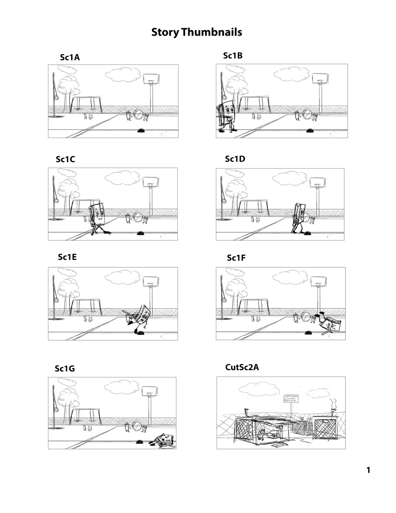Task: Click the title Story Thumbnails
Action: click(x=196, y=32)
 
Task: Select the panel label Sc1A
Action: click(x=70, y=57)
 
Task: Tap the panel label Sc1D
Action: click(x=235, y=159)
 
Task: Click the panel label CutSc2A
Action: click(x=242, y=367)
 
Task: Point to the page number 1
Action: click(x=368, y=470)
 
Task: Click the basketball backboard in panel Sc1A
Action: click(x=151, y=79)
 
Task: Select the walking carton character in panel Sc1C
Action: click(x=98, y=218)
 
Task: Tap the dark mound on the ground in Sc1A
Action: click(x=141, y=130)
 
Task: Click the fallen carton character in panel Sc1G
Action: click(x=164, y=441)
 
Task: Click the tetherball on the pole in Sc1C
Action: click(x=56, y=201)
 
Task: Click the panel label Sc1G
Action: click(x=65, y=369)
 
